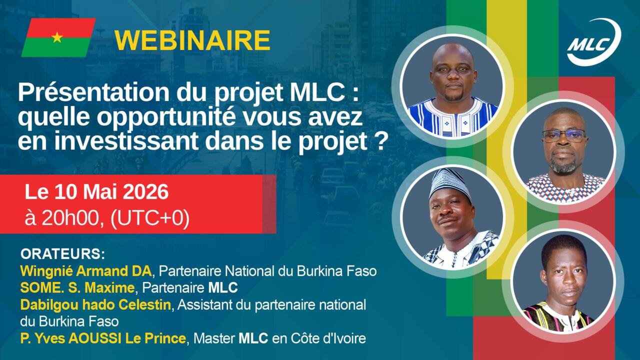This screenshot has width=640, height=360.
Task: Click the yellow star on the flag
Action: coord(57,37)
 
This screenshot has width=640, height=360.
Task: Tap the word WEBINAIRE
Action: coord(192,40)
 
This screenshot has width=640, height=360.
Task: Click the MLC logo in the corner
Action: coord(593,42)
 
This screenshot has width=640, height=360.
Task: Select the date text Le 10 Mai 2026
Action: coord(96,192)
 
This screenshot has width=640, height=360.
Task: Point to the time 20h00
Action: coord(72,218)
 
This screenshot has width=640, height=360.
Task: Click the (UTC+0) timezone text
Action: coord(150,219)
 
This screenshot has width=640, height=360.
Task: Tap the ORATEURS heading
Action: coord(62,254)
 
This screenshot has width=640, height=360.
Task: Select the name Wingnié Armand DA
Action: coord(85,271)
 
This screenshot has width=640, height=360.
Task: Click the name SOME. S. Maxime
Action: coord(77,287)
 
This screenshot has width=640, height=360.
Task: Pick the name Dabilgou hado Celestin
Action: coord(95,305)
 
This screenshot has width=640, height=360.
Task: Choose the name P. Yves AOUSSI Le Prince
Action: coord(103,338)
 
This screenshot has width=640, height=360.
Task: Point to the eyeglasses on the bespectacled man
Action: coord(563,135)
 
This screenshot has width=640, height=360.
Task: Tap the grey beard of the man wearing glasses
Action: coord(563,165)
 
